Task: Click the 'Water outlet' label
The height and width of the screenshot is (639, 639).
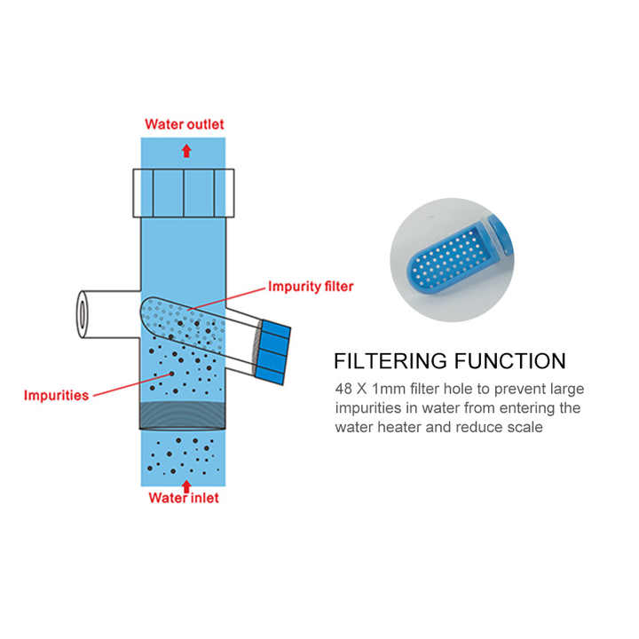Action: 185,124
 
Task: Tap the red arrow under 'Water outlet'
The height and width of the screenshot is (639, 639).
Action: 185,150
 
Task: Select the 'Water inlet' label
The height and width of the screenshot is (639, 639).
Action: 184,498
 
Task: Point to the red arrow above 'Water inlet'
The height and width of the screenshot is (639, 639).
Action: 185,484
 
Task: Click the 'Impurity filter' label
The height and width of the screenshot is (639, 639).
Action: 311,286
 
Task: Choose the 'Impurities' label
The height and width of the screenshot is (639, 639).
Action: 56,395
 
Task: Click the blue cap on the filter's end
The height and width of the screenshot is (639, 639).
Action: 274,352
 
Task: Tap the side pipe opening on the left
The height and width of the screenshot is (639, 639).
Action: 82,312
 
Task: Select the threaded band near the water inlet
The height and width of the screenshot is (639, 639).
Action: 185,415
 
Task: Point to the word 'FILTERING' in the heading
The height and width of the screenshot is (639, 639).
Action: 390,361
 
